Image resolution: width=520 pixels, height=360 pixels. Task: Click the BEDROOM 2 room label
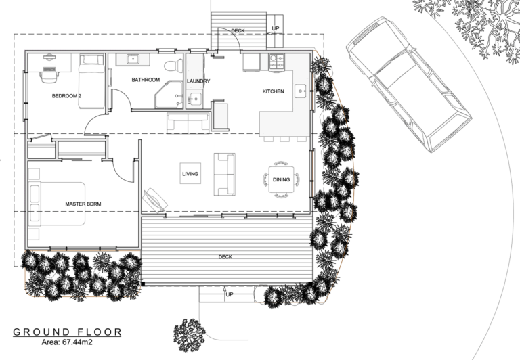[x=66, y=96]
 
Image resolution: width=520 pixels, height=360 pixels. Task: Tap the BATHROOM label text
[x=146, y=80]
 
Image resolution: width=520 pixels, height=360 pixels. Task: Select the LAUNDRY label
[x=198, y=81]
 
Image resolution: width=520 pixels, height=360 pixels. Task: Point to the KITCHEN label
[x=273, y=91]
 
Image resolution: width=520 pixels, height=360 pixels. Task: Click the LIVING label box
[x=190, y=175]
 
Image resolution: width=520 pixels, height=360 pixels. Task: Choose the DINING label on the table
[x=282, y=179]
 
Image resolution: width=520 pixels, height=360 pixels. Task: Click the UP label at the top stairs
[x=276, y=28]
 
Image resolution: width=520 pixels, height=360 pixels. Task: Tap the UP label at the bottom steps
[x=229, y=296]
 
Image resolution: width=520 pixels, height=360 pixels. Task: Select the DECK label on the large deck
[x=225, y=257]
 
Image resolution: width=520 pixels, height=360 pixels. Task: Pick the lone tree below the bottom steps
[x=190, y=335]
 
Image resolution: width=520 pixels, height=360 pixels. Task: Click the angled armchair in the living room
[x=154, y=200]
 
